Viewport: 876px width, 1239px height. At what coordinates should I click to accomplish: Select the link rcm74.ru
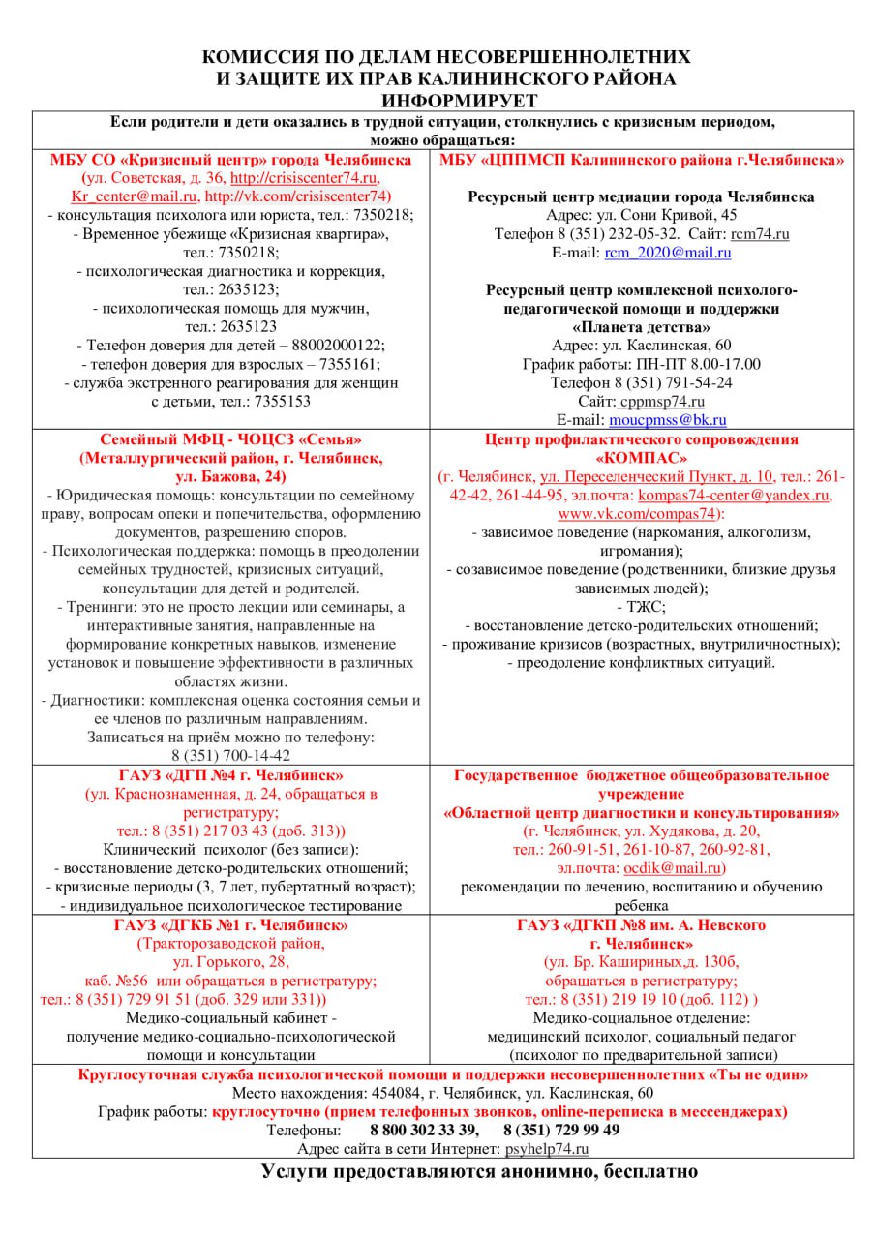tap(761, 234)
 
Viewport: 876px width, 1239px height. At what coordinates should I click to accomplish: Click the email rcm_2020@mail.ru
tap(668, 253)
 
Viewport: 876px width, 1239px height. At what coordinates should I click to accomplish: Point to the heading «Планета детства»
tap(641, 326)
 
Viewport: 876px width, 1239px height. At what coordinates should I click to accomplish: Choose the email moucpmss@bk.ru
tap(668, 420)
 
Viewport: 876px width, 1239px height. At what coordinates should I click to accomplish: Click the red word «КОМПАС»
tap(642, 458)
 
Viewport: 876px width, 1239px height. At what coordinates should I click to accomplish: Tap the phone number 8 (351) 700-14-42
tap(231, 755)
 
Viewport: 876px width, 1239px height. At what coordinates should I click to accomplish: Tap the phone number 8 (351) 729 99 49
tap(561, 1130)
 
